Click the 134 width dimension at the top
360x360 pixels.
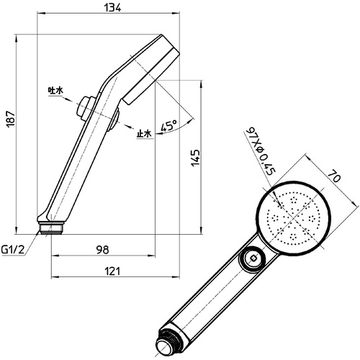(x=112, y=7)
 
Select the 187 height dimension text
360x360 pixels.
(x=11, y=119)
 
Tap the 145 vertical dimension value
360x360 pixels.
(x=196, y=158)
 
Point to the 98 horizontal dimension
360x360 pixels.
(x=103, y=250)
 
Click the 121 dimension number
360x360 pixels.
(x=112, y=271)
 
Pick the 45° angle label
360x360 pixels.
(x=169, y=125)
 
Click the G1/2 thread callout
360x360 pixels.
(x=13, y=250)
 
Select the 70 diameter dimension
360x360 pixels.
(x=334, y=176)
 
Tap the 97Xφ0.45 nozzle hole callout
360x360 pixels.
(x=261, y=150)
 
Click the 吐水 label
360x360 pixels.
(x=55, y=91)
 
